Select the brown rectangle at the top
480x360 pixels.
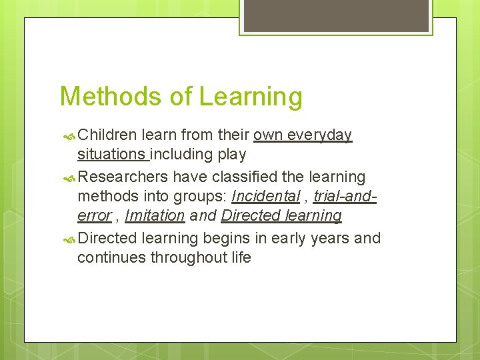(x=336, y=15)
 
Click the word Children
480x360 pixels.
(x=107, y=135)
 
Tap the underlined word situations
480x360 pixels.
(x=112, y=155)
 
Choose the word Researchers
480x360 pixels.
(x=123, y=177)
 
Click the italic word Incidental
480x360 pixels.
(x=265, y=197)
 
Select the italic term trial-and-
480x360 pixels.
(x=345, y=197)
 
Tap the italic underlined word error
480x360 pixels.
(x=93, y=216)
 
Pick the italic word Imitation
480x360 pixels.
(x=155, y=216)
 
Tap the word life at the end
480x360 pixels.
(x=240, y=257)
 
